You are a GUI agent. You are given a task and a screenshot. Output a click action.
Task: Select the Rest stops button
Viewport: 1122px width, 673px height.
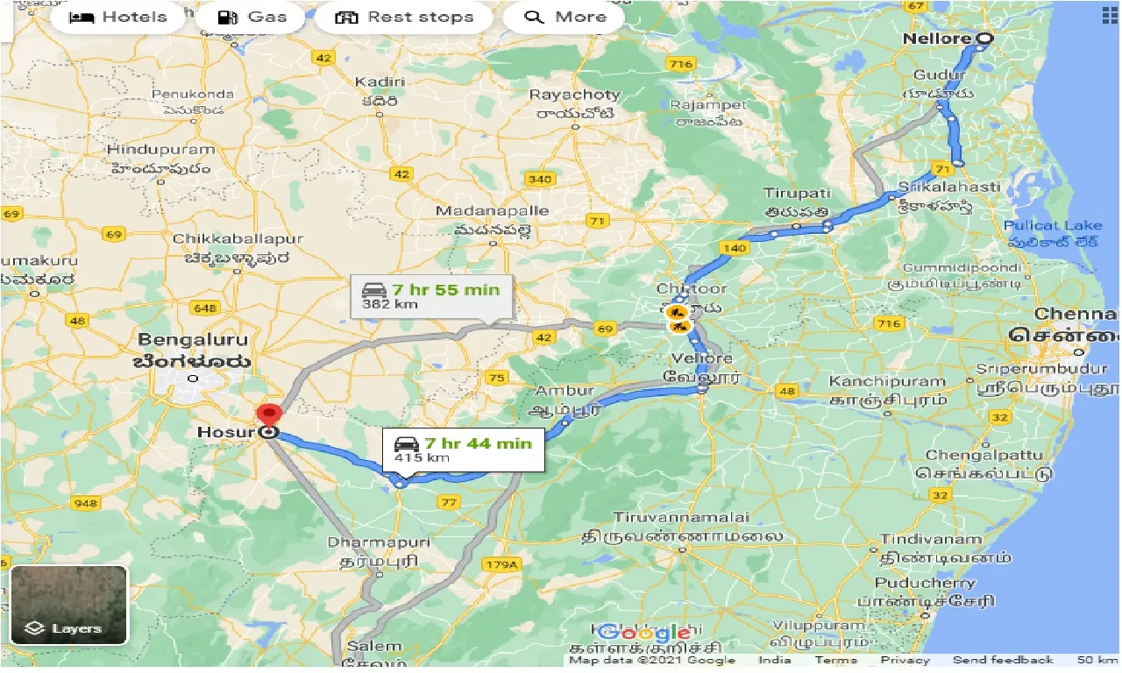click(x=404, y=18)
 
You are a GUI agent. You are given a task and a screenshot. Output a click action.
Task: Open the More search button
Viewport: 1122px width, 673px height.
click(x=565, y=18)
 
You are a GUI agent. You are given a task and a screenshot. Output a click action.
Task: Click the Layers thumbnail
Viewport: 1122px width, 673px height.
click(x=68, y=605)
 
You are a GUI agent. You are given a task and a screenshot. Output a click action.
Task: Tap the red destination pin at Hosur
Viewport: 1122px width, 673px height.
click(x=267, y=414)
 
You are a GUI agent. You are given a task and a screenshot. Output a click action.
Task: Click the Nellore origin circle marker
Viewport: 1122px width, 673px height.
click(x=984, y=39)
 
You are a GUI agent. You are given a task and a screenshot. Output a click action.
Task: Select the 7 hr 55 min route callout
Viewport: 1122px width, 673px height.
click(x=431, y=297)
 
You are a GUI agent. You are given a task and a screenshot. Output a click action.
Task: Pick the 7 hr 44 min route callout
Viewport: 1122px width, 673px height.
click(x=463, y=450)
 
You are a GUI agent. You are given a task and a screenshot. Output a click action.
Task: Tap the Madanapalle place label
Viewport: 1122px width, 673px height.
click(x=493, y=211)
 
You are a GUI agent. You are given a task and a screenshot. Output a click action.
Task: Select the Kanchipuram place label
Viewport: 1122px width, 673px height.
click(x=887, y=381)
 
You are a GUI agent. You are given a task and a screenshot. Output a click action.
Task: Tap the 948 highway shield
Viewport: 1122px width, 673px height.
click(x=87, y=503)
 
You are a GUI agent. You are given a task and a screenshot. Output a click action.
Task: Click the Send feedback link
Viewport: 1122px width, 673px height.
click(x=1003, y=660)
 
